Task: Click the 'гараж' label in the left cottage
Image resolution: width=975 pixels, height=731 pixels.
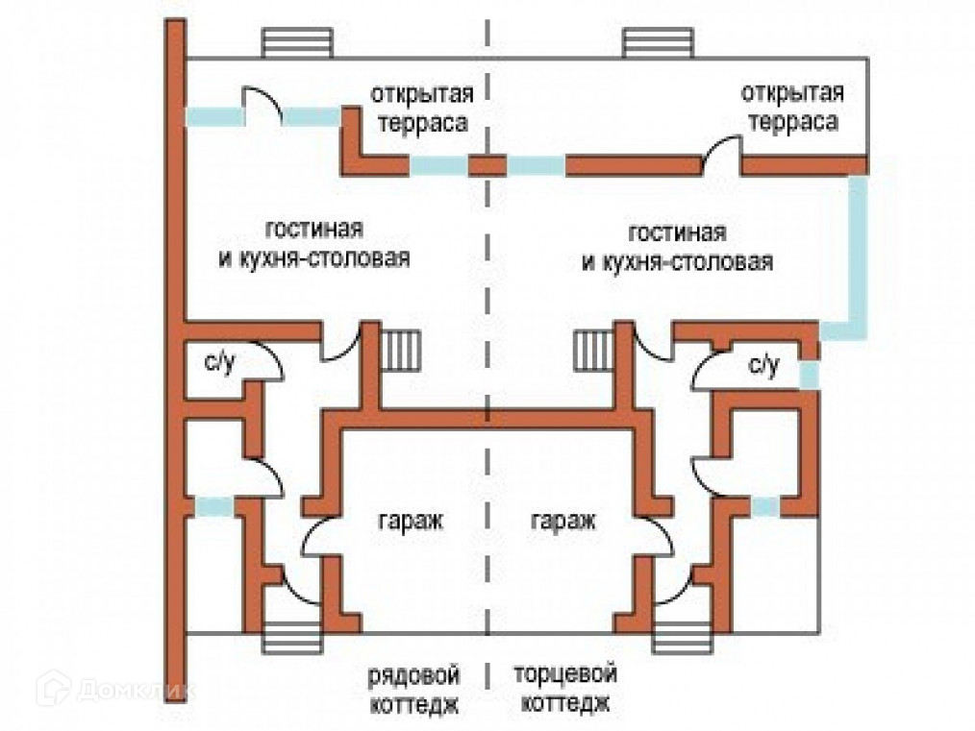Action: (x=410, y=523)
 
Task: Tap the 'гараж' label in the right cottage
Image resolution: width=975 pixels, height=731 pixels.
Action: (x=562, y=523)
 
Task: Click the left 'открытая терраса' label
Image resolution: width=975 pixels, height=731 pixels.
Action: (x=422, y=110)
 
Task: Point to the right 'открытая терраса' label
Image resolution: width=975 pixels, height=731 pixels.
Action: (x=792, y=109)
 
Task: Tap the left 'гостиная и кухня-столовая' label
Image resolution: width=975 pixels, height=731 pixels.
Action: (x=314, y=245)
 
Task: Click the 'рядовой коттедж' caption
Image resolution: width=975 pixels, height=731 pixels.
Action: (x=412, y=688)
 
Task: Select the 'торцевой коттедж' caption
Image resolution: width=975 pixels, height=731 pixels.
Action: (x=564, y=688)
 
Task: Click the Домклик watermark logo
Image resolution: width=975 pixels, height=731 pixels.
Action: (x=115, y=690)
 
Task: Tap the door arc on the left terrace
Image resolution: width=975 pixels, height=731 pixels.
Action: (x=261, y=105)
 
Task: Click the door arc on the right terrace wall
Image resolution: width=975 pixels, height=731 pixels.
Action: (x=721, y=154)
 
